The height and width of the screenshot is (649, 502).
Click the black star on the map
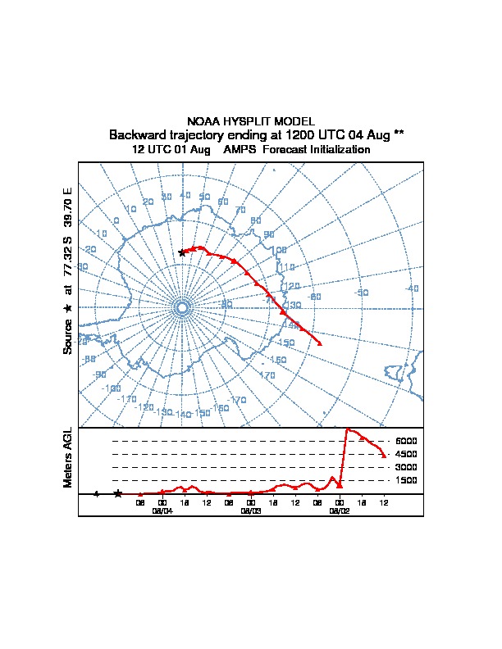[182, 252]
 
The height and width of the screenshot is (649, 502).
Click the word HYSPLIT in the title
[250, 121]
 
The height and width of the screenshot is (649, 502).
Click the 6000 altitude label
[407, 441]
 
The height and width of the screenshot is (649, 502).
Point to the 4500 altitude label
[407, 454]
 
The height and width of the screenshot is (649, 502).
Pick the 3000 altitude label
[407, 467]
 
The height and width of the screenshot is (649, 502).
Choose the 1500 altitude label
[407, 480]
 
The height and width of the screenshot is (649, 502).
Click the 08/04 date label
[162, 510]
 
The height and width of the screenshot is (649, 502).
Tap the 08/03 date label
[251, 510]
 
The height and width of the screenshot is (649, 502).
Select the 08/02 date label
[339, 510]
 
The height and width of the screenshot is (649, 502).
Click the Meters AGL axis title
[68, 457]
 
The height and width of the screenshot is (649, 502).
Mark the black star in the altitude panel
[118, 493]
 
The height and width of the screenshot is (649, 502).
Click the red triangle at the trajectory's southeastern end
[320, 343]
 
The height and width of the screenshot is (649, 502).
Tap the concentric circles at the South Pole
[182, 307]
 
